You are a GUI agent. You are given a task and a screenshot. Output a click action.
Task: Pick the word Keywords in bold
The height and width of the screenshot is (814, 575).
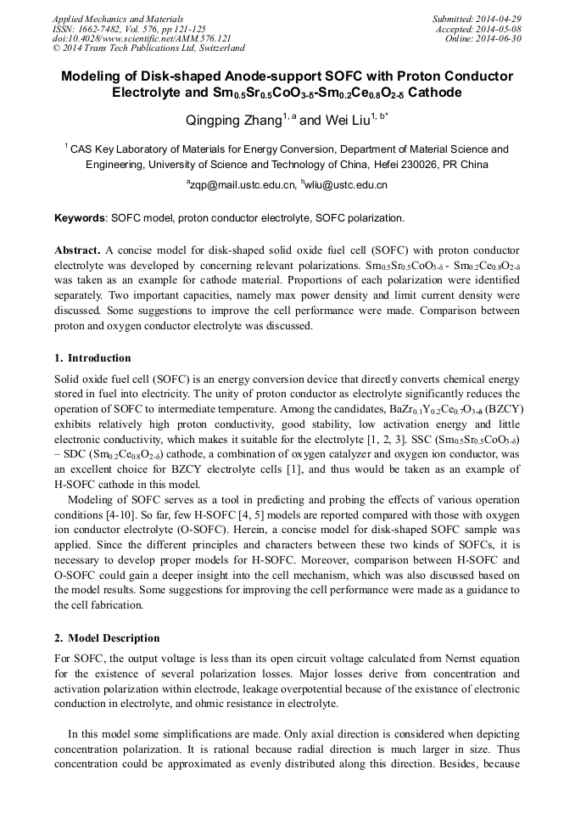(80, 218)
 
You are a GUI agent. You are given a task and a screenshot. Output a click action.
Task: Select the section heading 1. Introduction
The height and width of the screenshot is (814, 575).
(92, 358)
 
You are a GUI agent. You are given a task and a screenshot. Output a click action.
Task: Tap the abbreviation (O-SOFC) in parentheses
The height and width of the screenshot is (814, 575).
(214, 528)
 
